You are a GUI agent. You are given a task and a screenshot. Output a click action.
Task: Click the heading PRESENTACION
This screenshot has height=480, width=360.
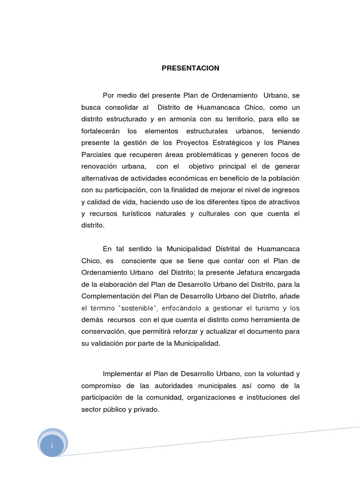[190, 68]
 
